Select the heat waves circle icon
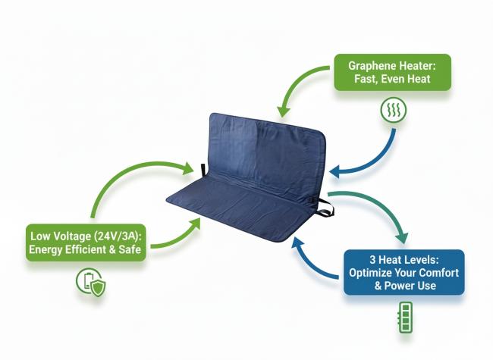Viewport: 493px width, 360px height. (394, 110)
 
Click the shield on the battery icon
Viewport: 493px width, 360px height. (99, 287)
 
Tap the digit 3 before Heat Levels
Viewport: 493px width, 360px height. (372, 260)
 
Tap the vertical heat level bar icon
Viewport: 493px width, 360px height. (405, 318)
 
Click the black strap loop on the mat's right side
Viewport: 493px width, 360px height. (325, 208)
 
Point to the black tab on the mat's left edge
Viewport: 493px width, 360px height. (203, 169)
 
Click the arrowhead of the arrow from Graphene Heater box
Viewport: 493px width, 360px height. (283, 111)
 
